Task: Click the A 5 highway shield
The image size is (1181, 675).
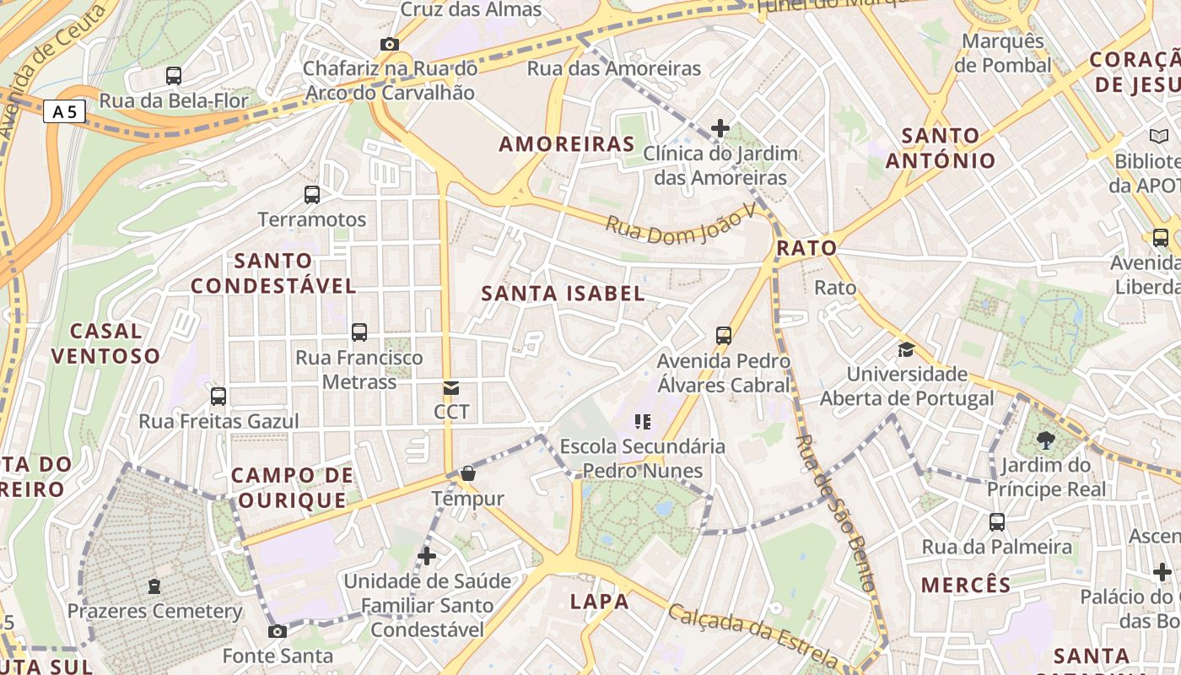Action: (64, 111)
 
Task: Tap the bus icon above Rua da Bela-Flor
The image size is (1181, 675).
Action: (174, 76)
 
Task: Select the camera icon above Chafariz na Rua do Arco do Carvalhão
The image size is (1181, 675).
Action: (389, 44)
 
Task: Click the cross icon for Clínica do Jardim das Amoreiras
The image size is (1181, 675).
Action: (720, 128)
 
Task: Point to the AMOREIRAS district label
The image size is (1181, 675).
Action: (566, 144)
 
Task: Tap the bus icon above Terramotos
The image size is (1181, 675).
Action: (312, 195)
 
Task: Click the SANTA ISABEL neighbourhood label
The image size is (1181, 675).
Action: (563, 294)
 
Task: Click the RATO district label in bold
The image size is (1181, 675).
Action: (806, 248)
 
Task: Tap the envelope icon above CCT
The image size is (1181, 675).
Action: (451, 388)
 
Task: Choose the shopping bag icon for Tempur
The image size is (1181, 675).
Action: (467, 474)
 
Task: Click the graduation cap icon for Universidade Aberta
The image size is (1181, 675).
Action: (906, 349)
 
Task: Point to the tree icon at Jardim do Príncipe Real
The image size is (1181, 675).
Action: (1046, 440)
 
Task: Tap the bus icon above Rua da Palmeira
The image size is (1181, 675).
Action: (997, 522)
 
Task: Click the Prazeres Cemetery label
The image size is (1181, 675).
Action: (154, 611)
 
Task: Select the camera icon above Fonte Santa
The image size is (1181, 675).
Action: (277, 631)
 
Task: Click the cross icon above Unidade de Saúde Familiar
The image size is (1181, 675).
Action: (427, 556)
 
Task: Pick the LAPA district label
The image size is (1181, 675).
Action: (599, 602)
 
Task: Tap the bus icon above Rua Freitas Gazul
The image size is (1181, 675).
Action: (218, 396)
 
